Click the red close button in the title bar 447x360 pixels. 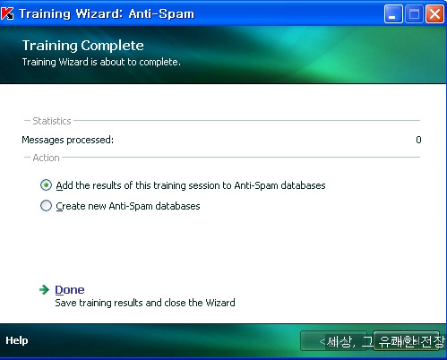coord(434,13)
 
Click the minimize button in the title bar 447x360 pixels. coord(393,13)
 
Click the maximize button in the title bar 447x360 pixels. coord(414,13)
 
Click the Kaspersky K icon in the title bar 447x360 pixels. coord(7,13)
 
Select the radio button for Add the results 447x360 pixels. coord(46,185)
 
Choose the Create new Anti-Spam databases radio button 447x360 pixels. coord(46,206)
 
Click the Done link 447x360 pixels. coord(70,289)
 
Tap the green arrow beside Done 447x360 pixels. coord(44,289)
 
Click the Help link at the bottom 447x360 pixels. coord(17,340)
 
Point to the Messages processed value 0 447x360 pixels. coord(418,140)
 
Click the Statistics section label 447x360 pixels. coord(52,121)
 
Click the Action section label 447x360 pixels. coord(46,158)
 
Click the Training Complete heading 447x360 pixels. coord(83,46)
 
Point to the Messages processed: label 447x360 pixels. coord(68,140)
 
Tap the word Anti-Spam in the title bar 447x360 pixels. coord(161,13)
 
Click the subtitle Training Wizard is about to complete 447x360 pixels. coord(101,62)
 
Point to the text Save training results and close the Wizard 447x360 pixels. coord(145,303)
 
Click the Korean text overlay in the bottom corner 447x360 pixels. coord(385,341)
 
